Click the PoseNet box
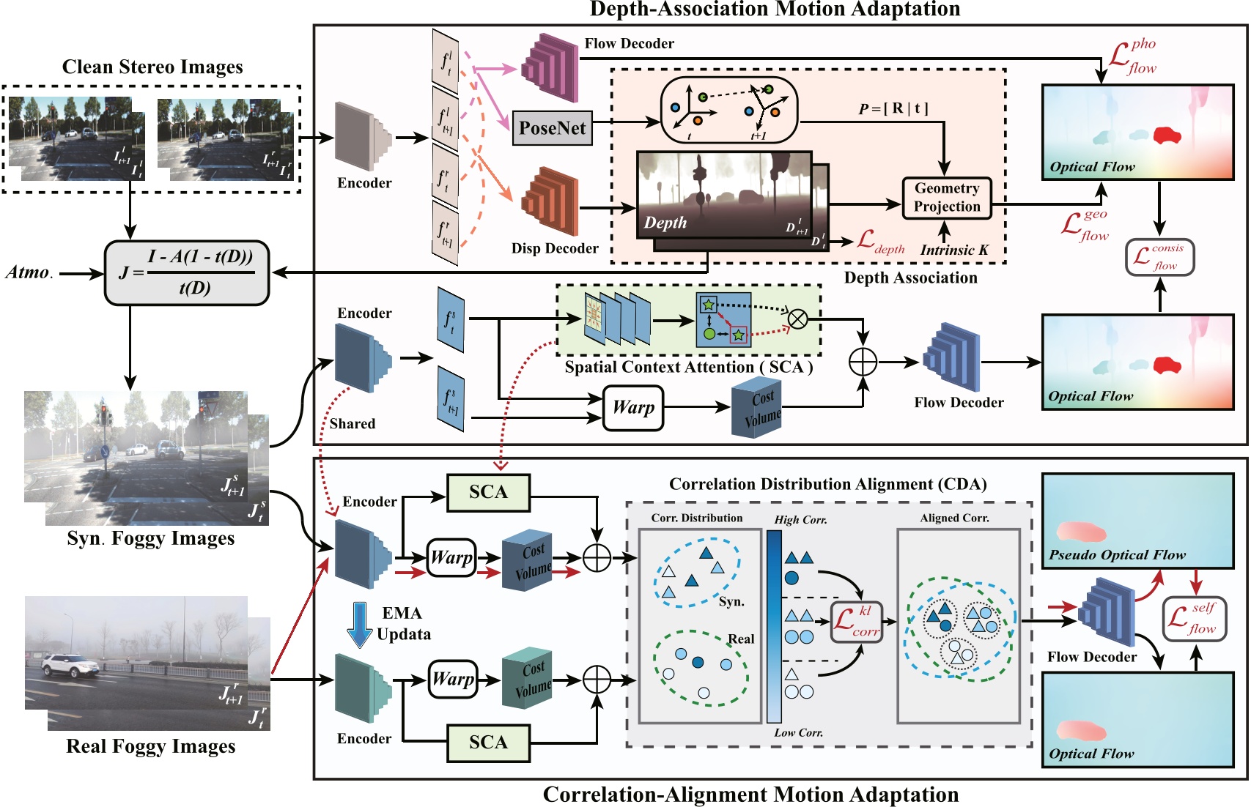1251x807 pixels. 552,128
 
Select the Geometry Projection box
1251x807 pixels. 946,198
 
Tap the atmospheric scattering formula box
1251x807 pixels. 187,273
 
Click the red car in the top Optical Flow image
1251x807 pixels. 1167,135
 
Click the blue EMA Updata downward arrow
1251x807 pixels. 359,625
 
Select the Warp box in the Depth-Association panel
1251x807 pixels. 633,408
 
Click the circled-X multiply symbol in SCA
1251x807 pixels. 797,319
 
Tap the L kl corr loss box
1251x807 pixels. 856,621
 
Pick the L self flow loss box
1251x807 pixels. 1194,619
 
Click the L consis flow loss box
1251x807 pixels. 1159,257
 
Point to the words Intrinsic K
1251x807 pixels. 954,250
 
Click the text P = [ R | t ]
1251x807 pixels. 893,108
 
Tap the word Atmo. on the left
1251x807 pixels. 29,272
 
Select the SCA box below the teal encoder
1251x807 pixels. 488,743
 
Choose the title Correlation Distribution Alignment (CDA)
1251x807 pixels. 827,484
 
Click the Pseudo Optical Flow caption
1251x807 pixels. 1116,554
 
